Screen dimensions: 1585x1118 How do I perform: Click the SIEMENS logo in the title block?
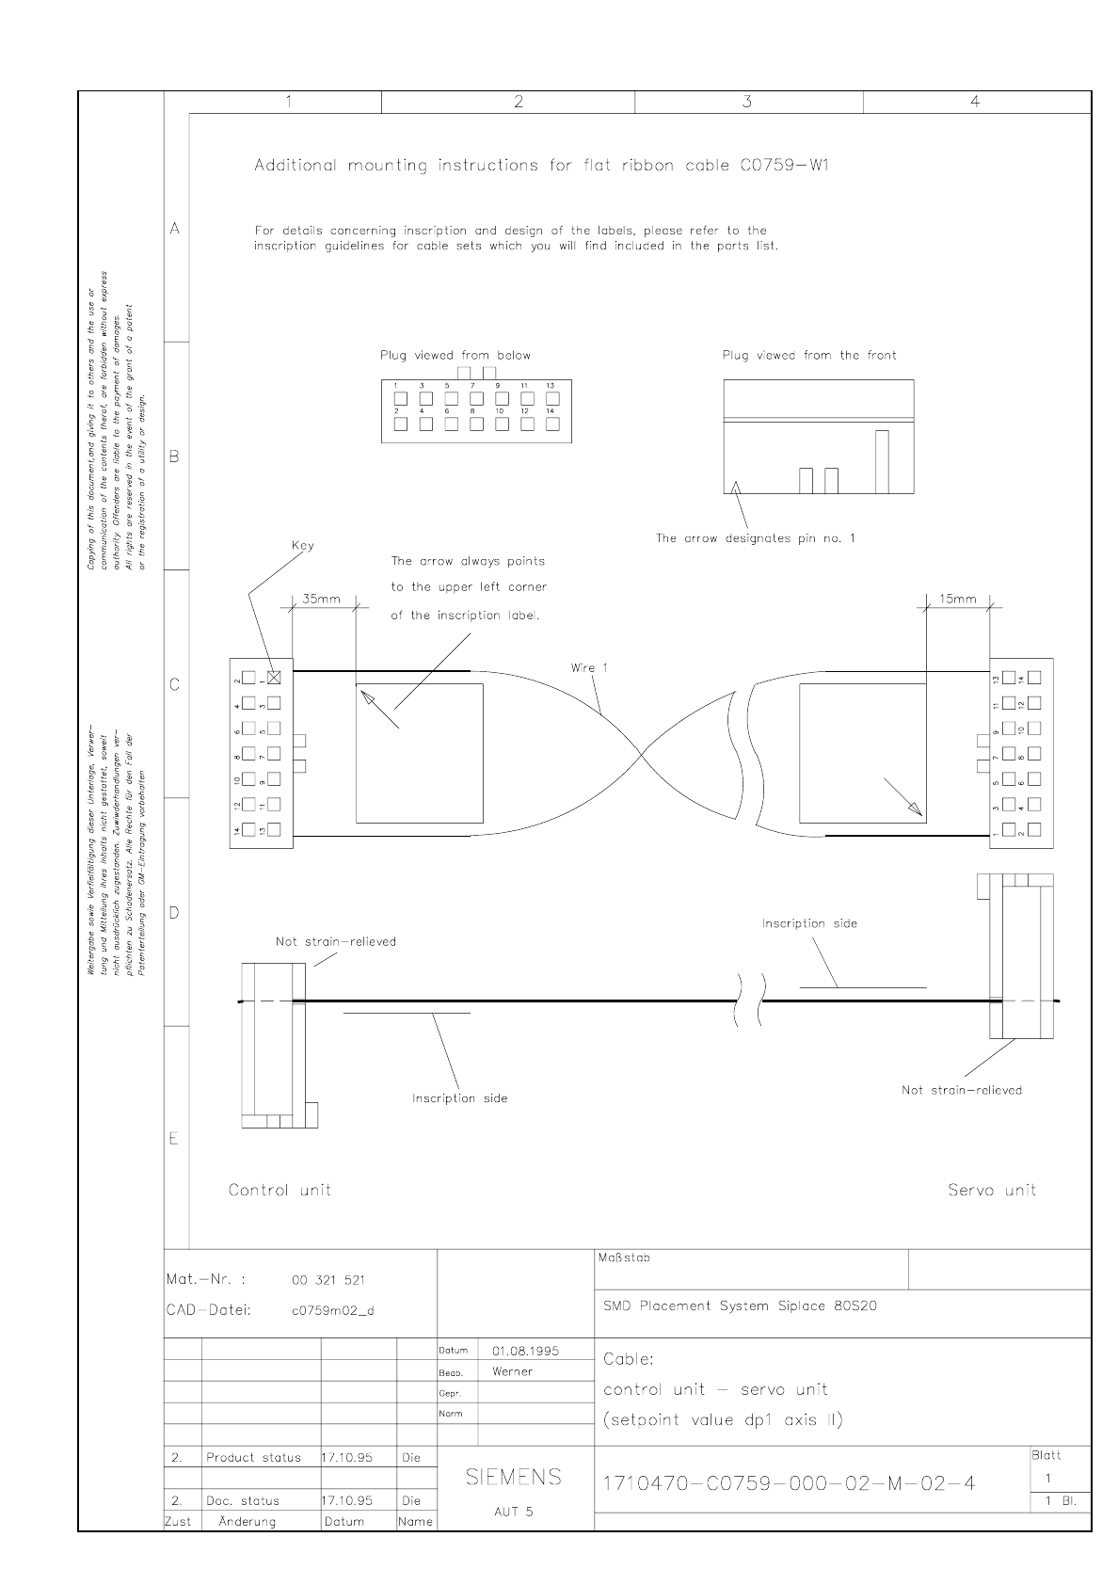click(514, 1477)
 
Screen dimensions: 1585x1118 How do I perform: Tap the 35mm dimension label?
click(321, 599)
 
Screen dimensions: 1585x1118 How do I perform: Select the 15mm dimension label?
click(958, 599)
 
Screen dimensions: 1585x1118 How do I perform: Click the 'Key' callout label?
click(303, 546)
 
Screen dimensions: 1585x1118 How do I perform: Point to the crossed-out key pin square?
click(275, 677)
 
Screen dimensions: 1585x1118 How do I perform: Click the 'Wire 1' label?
click(589, 667)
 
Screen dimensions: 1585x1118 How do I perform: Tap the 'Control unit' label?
click(279, 1190)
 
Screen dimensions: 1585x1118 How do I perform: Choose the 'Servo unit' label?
click(992, 1190)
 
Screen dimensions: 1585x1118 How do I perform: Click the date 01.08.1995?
click(525, 1351)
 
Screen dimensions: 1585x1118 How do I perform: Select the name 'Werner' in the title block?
click(512, 1371)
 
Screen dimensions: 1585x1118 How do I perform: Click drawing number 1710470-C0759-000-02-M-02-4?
click(788, 1484)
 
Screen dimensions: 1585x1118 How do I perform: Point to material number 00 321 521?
click(328, 1280)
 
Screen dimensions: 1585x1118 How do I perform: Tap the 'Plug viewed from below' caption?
click(455, 356)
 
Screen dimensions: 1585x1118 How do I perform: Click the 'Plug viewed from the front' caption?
click(809, 356)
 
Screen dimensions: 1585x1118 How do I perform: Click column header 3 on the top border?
click(747, 103)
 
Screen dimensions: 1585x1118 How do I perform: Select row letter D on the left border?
click(174, 912)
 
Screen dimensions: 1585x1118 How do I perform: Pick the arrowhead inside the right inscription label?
click(915, 809)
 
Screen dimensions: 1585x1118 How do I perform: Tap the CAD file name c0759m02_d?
click(332, 1310)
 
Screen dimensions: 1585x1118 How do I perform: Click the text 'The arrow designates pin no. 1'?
click(755, 538)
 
